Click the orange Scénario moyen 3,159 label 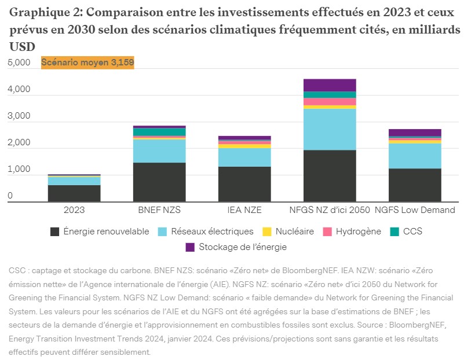[x=87, y=63]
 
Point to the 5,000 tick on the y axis [x=19, y=63]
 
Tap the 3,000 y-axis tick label [x=19, y=116]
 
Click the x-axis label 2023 [x=74, y=210]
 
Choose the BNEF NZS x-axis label [x=159, y=210]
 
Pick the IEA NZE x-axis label [x=244, y=210]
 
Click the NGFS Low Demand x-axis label [x=415, y=210]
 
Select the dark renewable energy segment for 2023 [x=74, y=193]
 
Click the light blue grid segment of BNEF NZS [x=159, y=151]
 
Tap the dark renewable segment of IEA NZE [x=244, y=183]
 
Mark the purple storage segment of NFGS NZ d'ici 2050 [x=330, y=85]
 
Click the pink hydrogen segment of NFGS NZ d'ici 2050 [x=330, y=101]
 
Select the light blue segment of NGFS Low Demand [x=415, y=156]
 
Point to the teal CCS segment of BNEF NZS [x=159, y=132]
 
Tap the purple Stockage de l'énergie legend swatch [x=190, y=247]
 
